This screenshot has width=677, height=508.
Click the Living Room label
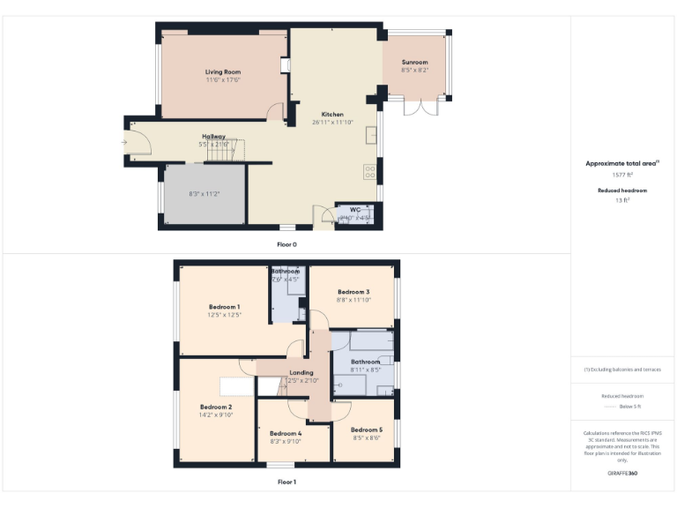[x=223, y=72]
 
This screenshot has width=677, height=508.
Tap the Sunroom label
[x=414, y=63]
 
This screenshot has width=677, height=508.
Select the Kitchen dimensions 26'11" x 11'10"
[x=332, y=123]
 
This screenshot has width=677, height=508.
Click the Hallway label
[x=214, y=136]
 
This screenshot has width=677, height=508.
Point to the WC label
[x=354, y=209]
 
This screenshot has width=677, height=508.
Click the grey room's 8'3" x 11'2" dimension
[x=205, y=194]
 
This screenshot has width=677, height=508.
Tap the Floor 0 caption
[x=287, y=243]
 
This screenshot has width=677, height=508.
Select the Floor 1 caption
[x=287, y=482]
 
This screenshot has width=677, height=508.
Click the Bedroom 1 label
[x=224, y=306]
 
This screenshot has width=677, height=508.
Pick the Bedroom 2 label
[x=215, y=407]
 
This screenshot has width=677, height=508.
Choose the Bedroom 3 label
[x=353, y=292]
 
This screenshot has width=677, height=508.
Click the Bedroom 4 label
[x=286, y=433]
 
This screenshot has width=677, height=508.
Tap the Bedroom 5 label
[x=367, y=430]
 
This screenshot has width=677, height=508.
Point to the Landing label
[x=301, y=372]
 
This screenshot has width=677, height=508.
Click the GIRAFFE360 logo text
[x=622, y=474]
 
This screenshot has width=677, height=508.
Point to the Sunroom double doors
[x=420, y=107]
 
